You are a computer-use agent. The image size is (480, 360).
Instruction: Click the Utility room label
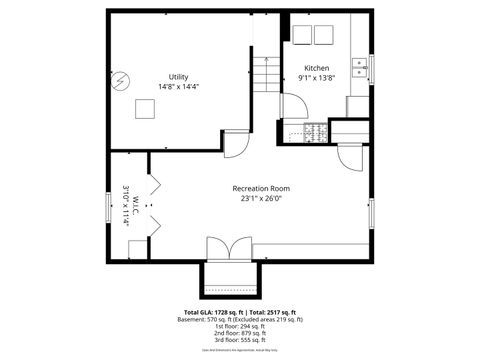pyautogui.click(x=178, y=77)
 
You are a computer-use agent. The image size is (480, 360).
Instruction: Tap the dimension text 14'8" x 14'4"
pyautogui.click(x=178, y=87)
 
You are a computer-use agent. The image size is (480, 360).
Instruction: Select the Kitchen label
pyautogui.click(x=317, y=68)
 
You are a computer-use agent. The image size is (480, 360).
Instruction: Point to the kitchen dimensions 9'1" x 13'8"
pyautogui.click(x=317, y=78)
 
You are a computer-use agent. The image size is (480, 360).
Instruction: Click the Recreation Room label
pyautogui.click(x=261, y=188)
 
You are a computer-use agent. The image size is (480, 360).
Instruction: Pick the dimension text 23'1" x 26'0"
pyautogui.click(x=261, y=198)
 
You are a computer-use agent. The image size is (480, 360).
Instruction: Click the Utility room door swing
pyautogui.click(x=236, y=145)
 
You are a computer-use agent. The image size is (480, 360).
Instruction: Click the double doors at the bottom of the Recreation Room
pyautogui.click(x=229, y=248)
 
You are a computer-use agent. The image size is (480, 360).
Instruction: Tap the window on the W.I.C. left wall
pyautogui.click(x=110, y=207)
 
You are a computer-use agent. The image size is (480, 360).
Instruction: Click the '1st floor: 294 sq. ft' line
pyautogui.click(x=240, y=326)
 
